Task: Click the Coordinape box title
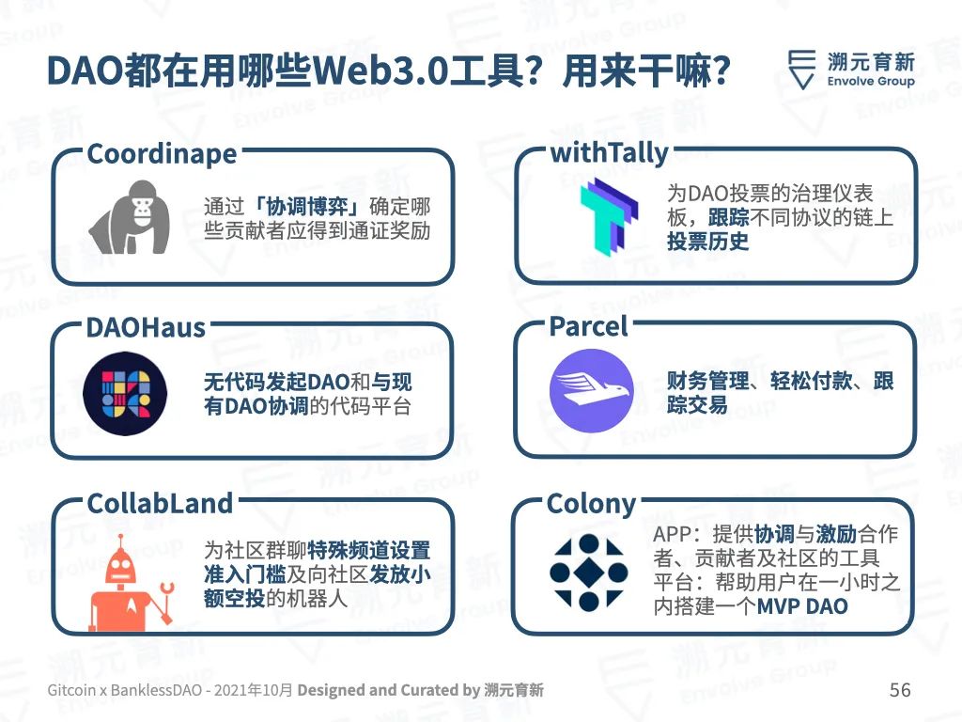162,154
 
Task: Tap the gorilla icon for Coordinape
130,217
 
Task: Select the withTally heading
609,153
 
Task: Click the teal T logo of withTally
609,217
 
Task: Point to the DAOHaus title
146,328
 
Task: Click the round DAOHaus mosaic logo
125,394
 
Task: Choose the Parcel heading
588,326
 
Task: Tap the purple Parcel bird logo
592,390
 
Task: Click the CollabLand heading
160,504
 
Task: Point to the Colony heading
592,505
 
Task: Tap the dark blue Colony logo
588,573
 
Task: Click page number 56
900,689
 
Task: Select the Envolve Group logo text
871,81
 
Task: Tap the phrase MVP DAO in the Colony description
802,606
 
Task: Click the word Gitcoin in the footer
71,690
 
